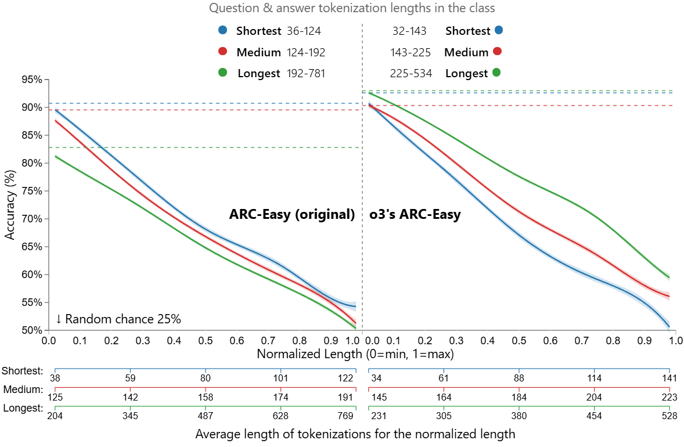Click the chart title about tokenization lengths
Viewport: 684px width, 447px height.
(352, 8)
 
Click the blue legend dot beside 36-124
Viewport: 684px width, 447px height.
(223, 31)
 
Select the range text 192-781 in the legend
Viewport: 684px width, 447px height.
(306, 74)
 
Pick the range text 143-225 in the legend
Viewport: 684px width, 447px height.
(411, 52)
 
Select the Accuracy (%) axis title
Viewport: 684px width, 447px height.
(9, 204)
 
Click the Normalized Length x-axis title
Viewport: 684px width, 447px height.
(355, 354)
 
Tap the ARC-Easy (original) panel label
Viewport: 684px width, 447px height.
(292, 215)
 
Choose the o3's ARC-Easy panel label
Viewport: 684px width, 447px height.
(415, 215)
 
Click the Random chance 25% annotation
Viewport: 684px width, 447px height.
(118, 319)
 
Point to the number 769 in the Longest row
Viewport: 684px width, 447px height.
(345, 416)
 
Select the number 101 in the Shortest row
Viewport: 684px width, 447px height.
(280, 378)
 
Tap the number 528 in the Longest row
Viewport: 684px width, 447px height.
(668, 416)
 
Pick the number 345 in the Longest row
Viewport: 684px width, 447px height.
(131, 416)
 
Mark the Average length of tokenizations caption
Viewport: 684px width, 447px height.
(355, 434)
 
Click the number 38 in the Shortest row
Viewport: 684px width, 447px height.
(55, 378)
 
